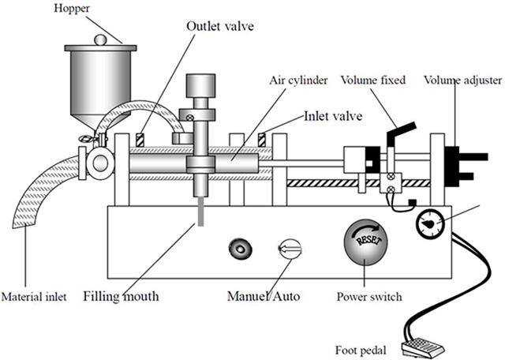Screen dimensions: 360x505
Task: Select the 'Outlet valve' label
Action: coord(215,24)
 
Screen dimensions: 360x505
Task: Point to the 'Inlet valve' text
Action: coord(333,116)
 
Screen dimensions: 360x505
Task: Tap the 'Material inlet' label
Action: coord(33,297)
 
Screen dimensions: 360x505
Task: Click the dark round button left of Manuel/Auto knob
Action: coord(239,249)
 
